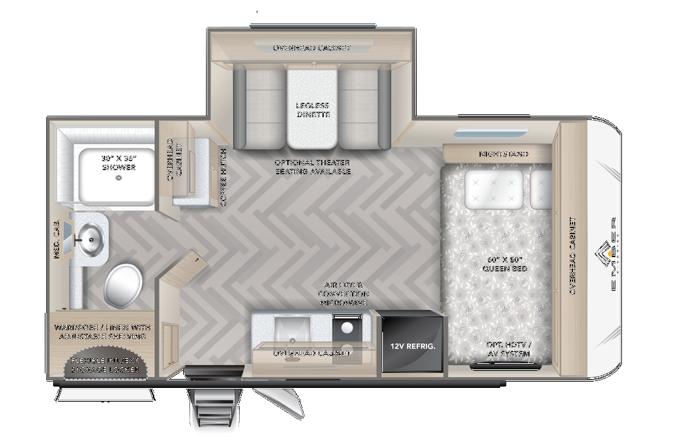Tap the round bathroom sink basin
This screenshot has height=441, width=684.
pyautogui.click(x=89, y=239)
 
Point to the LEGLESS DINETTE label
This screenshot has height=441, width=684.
pyautogui.click(x=313, y=110)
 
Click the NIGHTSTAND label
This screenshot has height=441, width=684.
pyautogui.click(x=504, y=154)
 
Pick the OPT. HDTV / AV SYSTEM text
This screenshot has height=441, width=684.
pyautogui.click(x=509, y=349)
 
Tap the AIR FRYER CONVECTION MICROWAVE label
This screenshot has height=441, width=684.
pyautogui.click(x=343, y=294)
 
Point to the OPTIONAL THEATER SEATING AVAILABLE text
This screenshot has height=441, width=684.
pyautogui.click(x=313, y=167)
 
